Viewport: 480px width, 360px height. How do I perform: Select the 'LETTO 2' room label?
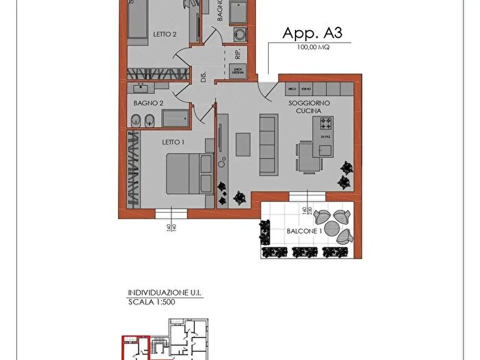(165, 34)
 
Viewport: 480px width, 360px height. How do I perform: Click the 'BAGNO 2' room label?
(148, 103)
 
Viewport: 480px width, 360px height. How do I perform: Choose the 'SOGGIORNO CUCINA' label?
(313, 106)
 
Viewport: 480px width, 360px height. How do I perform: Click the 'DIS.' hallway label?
(204, 77)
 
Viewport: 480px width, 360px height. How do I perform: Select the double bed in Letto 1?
(188, 174)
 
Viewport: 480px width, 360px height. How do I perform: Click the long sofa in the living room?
(267, 144)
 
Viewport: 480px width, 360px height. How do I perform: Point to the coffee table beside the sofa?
(243, 145)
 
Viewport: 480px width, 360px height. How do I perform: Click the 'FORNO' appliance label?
(306, 90)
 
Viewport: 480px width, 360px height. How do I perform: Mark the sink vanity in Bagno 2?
(143, 88)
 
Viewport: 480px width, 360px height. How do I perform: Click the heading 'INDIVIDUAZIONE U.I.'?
(165, 293)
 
